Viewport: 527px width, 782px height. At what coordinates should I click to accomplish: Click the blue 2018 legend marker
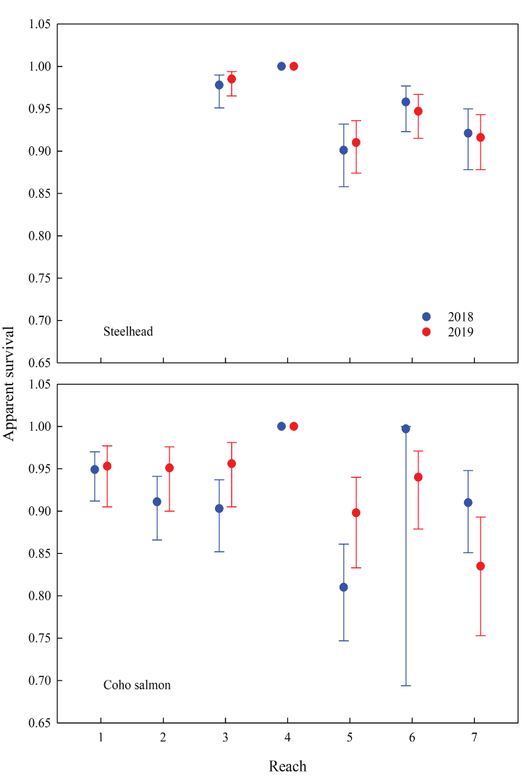pyautogui.click(x=426, y=316)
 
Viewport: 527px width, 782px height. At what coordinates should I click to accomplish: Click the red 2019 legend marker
pyautogui.click(x=426, y=332)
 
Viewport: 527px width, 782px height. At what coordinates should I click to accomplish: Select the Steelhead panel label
pyautogui.click(x=127, y=332)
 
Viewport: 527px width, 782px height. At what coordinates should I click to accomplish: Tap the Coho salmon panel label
pyautogui.click(x=137, y=684)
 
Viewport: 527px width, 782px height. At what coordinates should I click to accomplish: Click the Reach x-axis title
pyautogui.click(x=287, y=766)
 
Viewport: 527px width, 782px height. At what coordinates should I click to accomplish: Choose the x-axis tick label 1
pyautogui.click(x=101, y=737)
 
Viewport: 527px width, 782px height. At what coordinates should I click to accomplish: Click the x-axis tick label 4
pyautogui.click(x=287, y=737)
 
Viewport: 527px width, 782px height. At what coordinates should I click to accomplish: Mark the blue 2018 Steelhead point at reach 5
pyautogui.click(x=344, y=150)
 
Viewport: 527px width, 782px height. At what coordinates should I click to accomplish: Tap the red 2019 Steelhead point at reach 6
pyautogui.click(x=418, y=111)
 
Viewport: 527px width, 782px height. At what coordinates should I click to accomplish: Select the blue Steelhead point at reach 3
pyautogui.click(x=219, y=85)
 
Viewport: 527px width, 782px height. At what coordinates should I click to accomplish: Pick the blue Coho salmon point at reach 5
pyautogui.click(x=344, y=586)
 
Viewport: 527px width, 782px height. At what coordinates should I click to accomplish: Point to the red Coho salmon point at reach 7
pyautogui.click(x=481, y=566)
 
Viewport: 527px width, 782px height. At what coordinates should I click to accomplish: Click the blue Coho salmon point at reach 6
pyautogui.click(x=406, y=429)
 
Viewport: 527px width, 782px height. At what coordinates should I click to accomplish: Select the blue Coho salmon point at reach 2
pyautogui.click(x=157, y=501)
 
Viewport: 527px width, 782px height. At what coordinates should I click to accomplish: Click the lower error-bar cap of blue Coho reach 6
pyautogui.click(x=406, y=685)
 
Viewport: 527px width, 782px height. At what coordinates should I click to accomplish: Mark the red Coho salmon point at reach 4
pyautogui.click(x=294, y=426)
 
